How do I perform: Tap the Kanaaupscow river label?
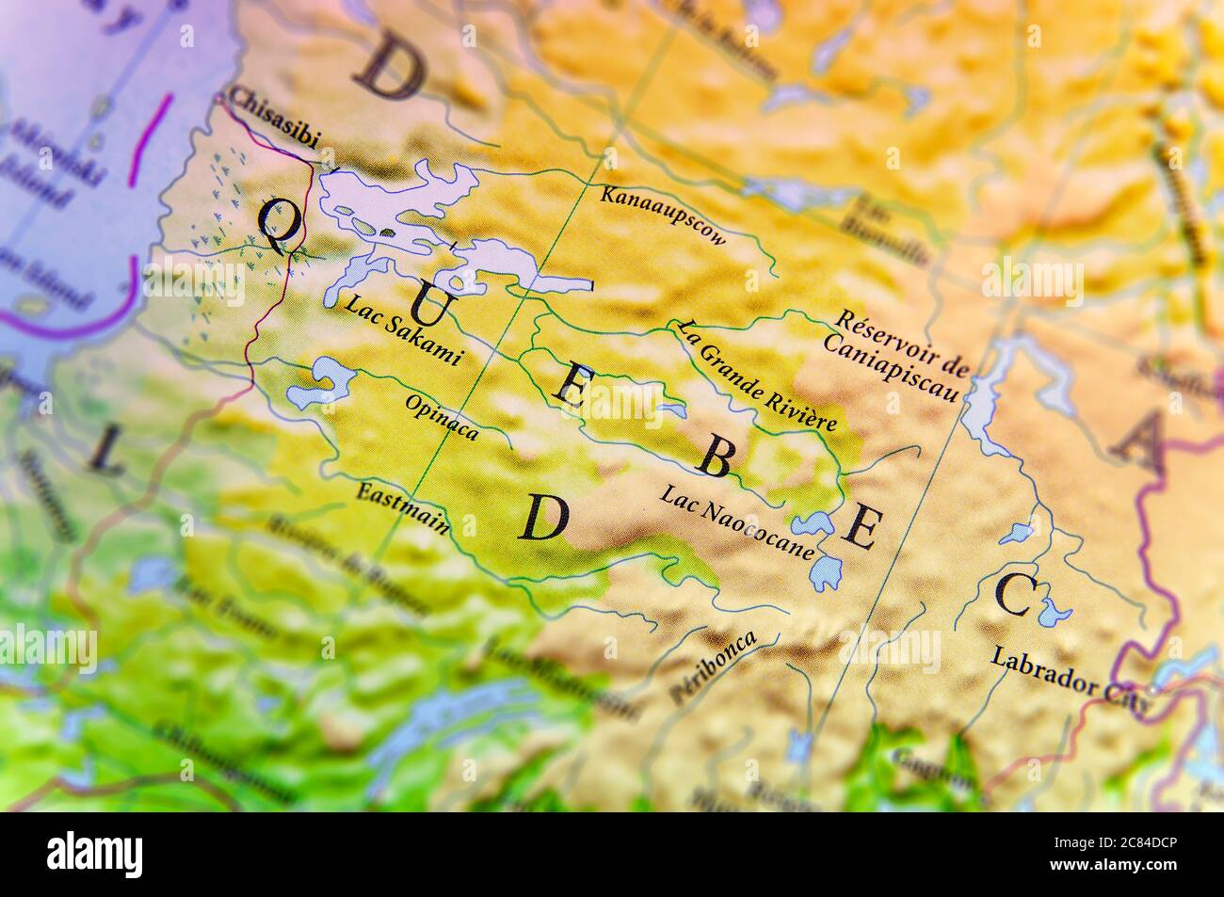pyautogui.click(x=664, y=216)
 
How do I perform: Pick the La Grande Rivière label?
pyautogui.click(x=756, y=375)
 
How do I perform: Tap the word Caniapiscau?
pyautogui.click(x=890, y=363)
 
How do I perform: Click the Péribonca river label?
pyautogui.click(x=712, y=667)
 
